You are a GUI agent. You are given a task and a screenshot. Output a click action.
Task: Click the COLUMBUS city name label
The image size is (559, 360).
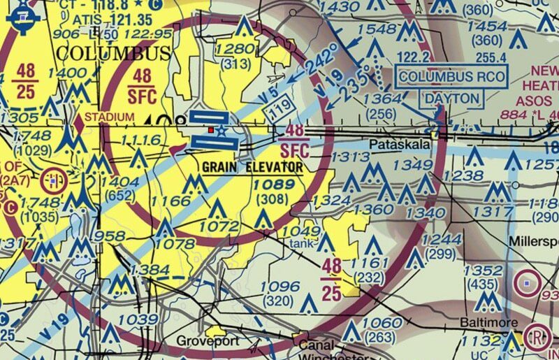coord(112,54)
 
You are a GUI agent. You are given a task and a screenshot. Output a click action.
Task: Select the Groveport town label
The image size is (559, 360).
coord(208,341)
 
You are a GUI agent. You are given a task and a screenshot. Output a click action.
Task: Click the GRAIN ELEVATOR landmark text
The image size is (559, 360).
coord(252,168)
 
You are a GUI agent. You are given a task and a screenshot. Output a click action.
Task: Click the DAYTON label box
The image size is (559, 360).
coord(453,99)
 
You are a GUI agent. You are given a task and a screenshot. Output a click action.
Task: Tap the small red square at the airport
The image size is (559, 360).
coord(211,129)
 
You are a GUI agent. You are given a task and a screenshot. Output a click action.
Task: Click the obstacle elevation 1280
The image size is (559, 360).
coord(237,48)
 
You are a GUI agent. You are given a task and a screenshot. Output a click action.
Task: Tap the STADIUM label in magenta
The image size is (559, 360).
coord(107,116)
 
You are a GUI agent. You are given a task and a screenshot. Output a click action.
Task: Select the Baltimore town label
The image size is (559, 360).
coord(488,322)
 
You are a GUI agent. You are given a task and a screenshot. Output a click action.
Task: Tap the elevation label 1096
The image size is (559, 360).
coord(279,287)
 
